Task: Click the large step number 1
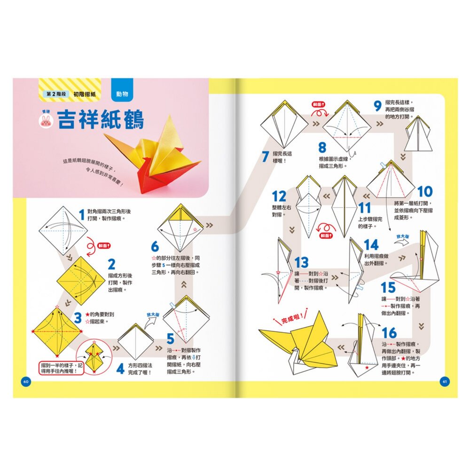[x=82, y=215]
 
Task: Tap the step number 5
[x=170, y=339]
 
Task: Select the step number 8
[x=322, y=148]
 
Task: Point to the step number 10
[x=424, y=192]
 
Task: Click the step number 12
[x=279, y=196]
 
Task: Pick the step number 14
[x=371, y=245]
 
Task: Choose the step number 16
[x=389, y=333]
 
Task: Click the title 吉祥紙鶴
[x=101, y=120]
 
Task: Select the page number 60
[x=26, y=381]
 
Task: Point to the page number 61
[x=444, y=381]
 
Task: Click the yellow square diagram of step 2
[x=78, y=281]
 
